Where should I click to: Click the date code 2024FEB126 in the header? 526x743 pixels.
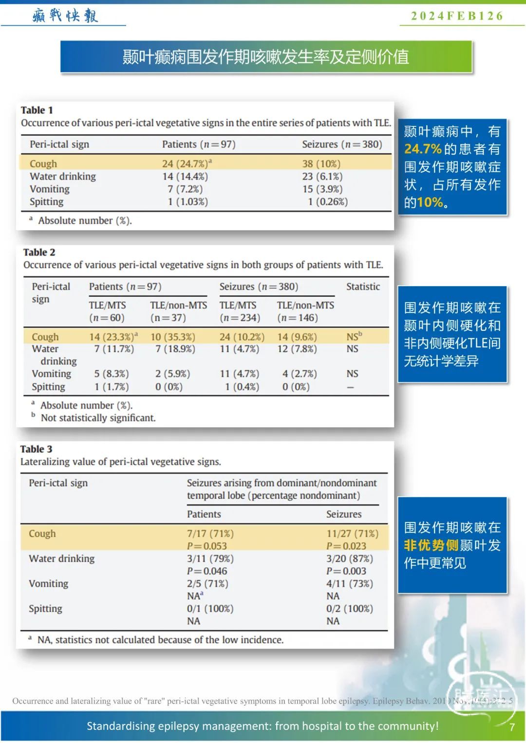[x=457, y=16]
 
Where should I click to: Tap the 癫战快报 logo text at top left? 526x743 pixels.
[x=65, y=16]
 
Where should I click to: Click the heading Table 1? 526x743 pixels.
[x=37, y=110]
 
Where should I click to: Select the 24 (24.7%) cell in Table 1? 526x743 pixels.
[x=187, y=163]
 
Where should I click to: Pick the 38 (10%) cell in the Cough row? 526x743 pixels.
[x=321, y=163]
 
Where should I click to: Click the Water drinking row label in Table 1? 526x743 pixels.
[x=63, y=176]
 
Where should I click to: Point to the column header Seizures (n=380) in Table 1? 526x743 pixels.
[x=342, y=144]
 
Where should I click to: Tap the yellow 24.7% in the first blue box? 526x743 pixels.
[x=423, y=149]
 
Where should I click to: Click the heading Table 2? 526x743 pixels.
[x=39, y=252]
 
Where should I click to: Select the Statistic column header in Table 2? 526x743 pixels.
[x=363, y=287]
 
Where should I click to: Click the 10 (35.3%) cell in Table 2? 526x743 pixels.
[x=172, y=337]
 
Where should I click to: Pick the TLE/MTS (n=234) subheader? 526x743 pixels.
[x=239, y=311]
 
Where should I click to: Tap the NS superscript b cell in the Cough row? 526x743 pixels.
[x=354, y=336]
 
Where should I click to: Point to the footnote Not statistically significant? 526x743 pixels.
[x=98, y=417]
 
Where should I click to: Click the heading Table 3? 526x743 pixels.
[x=36, y=449]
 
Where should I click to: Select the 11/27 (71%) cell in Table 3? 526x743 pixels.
[x=352, y=533]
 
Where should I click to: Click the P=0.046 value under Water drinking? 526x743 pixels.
[x=207, y=571]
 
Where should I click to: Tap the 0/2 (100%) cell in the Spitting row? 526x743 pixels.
[x=349, y=608]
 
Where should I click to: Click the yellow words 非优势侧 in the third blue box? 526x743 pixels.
[x=431, y=545]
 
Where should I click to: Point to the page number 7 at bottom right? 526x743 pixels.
[x=512, y=727]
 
